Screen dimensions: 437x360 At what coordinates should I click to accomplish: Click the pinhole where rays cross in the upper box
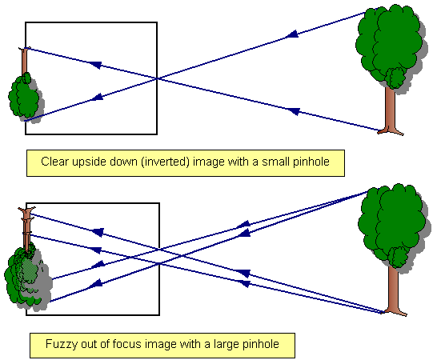157,78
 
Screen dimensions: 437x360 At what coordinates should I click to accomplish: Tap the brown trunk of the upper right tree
391,111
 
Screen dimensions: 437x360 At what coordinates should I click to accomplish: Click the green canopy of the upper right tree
389,42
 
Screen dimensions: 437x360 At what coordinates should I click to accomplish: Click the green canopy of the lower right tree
392,223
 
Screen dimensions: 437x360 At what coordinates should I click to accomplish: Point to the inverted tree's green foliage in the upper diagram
24,96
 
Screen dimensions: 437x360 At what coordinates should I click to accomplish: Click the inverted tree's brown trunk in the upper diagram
25,62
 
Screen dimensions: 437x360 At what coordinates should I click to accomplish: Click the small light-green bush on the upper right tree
395,77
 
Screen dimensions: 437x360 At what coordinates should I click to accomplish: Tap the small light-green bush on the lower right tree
398,257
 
